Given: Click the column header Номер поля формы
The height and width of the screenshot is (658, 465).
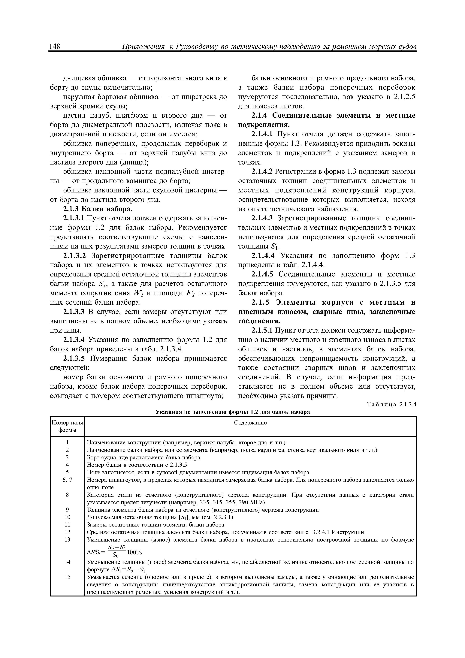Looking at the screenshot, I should (x=67, y=426).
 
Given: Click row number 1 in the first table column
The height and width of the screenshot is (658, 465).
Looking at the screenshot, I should (x=67, y=442).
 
